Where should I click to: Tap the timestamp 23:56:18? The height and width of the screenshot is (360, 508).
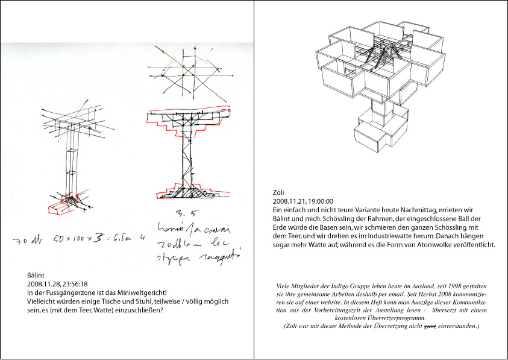coord(72,283)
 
